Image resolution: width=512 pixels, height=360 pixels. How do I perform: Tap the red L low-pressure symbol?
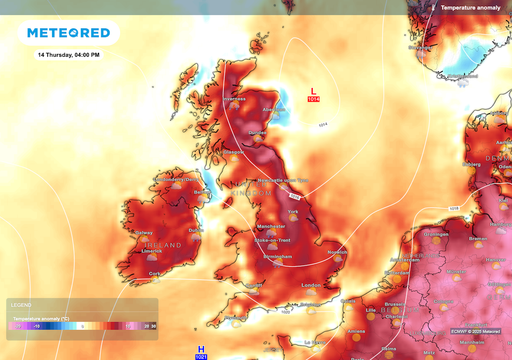tap(313, 91)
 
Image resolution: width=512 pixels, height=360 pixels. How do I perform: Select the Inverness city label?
tap(235, 99)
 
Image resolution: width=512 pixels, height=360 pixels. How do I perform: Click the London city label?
tap(310, 285)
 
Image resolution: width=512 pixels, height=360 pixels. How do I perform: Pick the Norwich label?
tap(337, 252)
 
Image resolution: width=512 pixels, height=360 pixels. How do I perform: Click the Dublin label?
tap(195, 229)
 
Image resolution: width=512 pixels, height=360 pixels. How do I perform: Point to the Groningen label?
tap(435, 234)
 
